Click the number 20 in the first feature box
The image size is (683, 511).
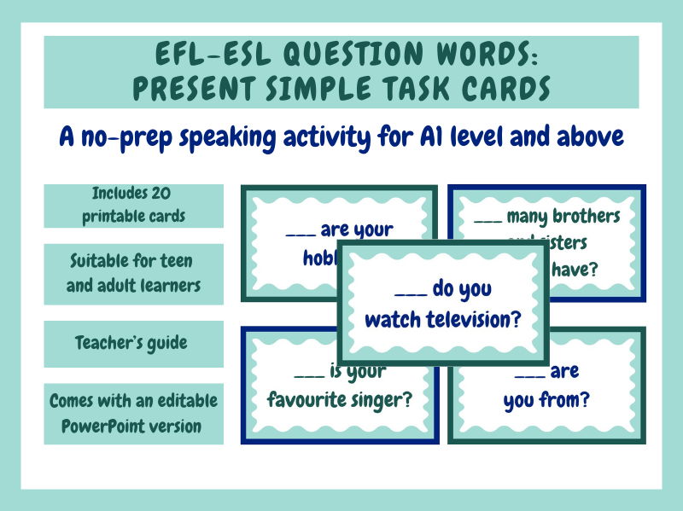pos(158,194)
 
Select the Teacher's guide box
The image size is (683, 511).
pos(131,343)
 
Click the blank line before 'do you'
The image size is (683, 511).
pos(412,292)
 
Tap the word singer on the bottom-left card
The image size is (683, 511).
pos(382,398)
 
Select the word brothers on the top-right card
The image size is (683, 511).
pos(586,217)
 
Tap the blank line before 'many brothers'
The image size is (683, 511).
pos(487,218)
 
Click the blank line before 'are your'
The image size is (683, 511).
pos(301,231)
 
